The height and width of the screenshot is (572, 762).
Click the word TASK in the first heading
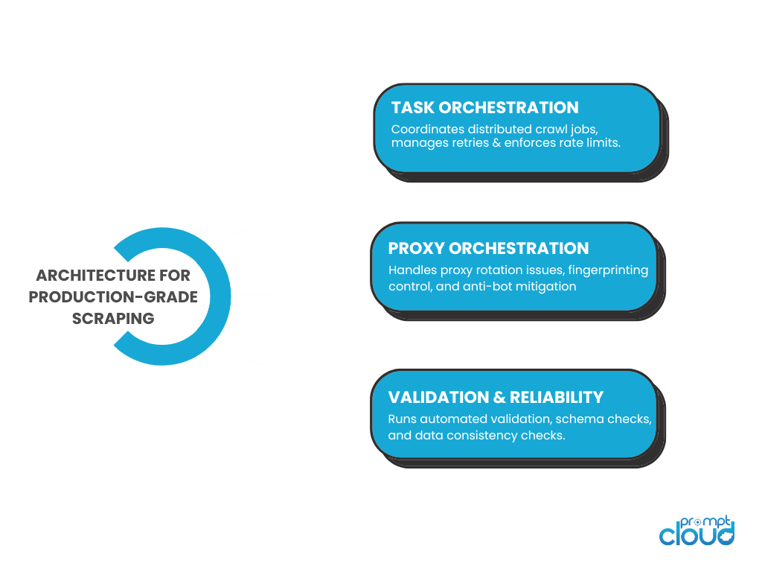pyautogui.click(x=412, y=108)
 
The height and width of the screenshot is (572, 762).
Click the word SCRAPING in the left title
pyautogui.click(x=113, y=319)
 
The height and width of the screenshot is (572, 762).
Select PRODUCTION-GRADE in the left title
pyautogui.click(x=113, y=297)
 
